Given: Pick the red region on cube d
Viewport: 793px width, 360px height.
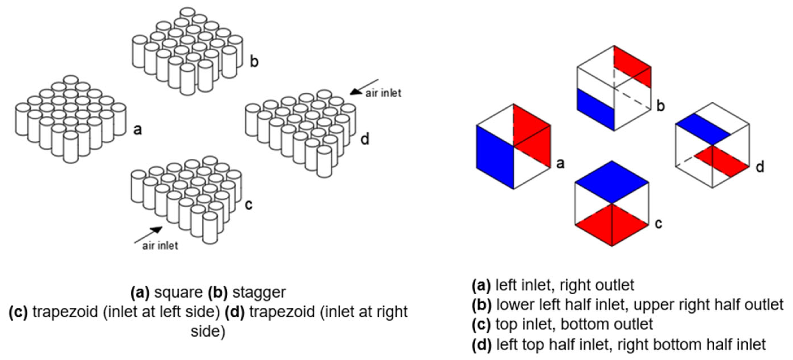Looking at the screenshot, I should tap(722, 161).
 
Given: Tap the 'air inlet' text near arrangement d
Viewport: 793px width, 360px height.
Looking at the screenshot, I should tap(383, 93).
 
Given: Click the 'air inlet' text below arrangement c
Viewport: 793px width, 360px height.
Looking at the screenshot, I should tap(160, 245).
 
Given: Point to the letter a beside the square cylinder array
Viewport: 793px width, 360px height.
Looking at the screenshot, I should tap(138, 130).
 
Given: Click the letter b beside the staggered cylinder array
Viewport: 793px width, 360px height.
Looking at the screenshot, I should tap(254, 61).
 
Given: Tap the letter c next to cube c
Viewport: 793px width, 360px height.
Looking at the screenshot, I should tap(658, 224).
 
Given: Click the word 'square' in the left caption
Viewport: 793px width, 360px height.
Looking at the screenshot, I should tap(178, 292).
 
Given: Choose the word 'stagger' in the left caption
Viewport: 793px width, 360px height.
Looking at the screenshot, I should tap(259, 292).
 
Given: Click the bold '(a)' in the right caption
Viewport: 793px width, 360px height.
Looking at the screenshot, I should tap(481, 285).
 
